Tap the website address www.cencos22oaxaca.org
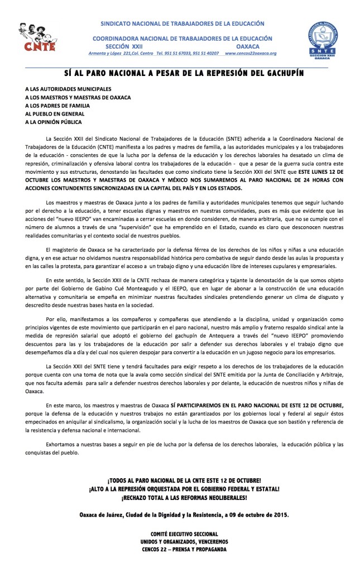point(251,53)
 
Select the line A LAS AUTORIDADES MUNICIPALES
point(69,89)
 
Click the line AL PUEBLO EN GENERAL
point(57,113)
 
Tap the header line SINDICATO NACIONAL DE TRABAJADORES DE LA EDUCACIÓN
point(182,24)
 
